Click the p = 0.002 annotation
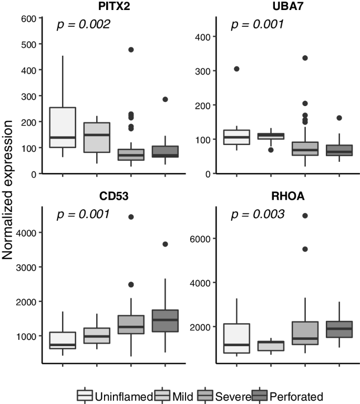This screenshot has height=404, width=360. (x=83, y=25)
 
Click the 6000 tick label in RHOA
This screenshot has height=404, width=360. (x=201, y=239)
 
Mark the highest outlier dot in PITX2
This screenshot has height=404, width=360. (x=131, y=49)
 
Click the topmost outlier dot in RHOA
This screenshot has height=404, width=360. (x=304, y=215)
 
